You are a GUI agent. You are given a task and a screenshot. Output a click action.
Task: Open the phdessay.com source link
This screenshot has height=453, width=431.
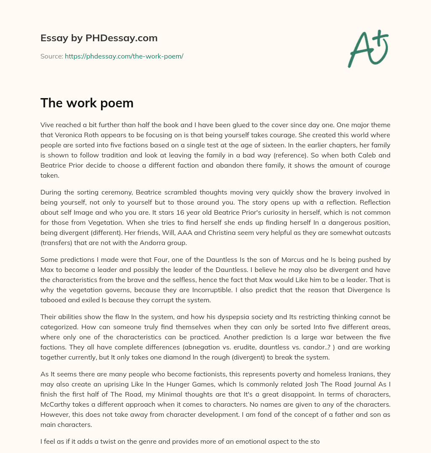(124, 56)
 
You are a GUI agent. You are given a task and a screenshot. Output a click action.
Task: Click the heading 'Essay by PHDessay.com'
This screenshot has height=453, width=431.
(99, 38)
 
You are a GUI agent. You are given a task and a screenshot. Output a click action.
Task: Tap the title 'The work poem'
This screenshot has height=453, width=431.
(87, 103)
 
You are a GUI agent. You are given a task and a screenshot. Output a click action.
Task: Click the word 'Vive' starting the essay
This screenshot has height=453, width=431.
(47, 125)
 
